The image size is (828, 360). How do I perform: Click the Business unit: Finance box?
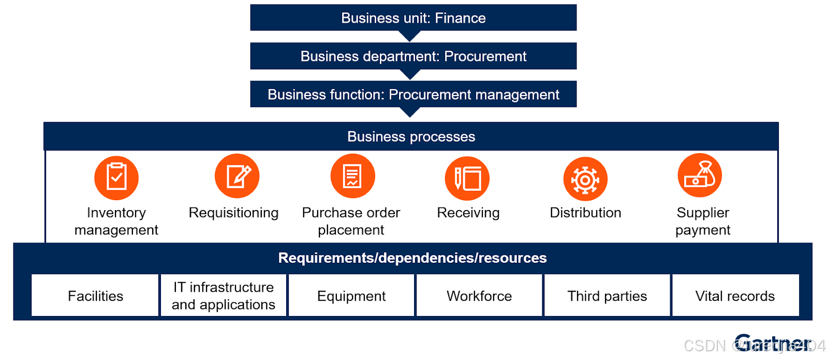pyautogui.click(x=413, y=18)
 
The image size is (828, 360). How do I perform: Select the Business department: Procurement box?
pyautogui.click(x=413, y=56)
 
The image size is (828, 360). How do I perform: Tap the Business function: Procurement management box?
pyautogui.click(x=413, y=94)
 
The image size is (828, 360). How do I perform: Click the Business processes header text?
pyautogui.click(x=411, y=137)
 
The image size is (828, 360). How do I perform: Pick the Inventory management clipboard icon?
pyautogui.click(x=116, y=177)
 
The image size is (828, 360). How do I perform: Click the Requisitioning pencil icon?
pyautogui.click(x=237, y=176)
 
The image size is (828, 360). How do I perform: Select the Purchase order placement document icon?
pyautogui.click(x=352, y=176)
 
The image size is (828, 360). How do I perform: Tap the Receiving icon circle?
pyautogui.click(x=467, y=178)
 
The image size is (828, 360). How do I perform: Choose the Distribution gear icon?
pyautogui.click(x=585, y=179)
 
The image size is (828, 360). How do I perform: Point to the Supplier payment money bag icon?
pyautogui.click(x=700, y=175)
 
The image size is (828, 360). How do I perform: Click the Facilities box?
pyautogui.click(x=95, y=295)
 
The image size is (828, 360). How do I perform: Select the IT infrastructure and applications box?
pyautogui.click(x=223, y=295)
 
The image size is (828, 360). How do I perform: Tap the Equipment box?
pyautogui.click(x=351, y=295)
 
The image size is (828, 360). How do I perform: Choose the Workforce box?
pyautogui.click(x=479, y=295)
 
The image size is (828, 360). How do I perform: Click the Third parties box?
pyautogui.click(x=607, y=295)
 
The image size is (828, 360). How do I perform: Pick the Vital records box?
pyautogui.click(x=735, y=295)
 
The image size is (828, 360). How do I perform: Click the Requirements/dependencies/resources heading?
pyautogui.click(x=412, y=258)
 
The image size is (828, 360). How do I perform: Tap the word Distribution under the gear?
pyautogui.click(x=585, y=213)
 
